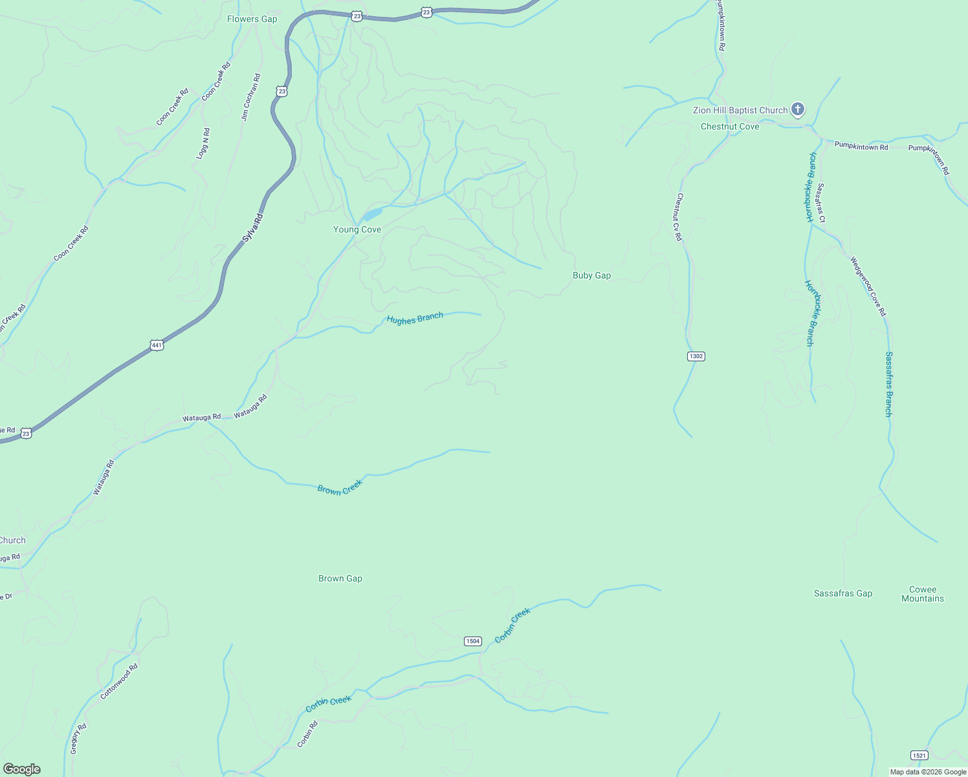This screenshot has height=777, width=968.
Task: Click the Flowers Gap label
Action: click(x=252, y=19)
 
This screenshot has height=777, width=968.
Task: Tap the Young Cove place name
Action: click(x=357, y=229)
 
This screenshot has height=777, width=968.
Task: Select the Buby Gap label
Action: click(x=591, y=275)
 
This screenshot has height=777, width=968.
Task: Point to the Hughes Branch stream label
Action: click(x=415, y=318)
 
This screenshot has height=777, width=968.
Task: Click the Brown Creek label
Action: click(x=340, y=487)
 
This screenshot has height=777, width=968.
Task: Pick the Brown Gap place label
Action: click(x=340, y=578)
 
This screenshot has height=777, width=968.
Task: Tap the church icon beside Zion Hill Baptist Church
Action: click(x=798, y=109)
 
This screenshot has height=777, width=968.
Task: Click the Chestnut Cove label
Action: click(x=730, y=126)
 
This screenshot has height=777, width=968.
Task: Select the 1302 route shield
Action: click(x=696, y=356)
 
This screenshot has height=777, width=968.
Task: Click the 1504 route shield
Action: click(x=472, y=641)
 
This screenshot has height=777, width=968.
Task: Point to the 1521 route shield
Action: click(x=919, y=755)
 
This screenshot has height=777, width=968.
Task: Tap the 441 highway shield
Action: click(x=157, y=345)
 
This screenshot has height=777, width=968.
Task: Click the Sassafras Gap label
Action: click(x=842, y=593)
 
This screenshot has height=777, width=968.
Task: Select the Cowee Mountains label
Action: click(x=923, y=594)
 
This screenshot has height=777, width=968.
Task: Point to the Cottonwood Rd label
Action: click(x=119, y=681)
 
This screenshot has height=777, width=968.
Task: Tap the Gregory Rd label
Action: click(x=78, y=739)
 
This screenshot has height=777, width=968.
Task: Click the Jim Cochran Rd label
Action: click(x=250, y=97)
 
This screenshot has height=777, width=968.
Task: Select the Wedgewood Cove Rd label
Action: click(x=868, y=286)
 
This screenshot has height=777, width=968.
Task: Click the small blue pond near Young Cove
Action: click(x=372, y=214)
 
